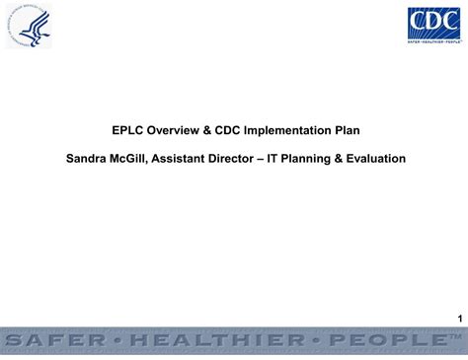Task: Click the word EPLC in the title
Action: click(x=127, y=129)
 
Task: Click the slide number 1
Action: click(x=459, y=318)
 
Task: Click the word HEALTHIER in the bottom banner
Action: click(x=217, y=340)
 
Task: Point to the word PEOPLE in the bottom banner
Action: click(x=380, y=340)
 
